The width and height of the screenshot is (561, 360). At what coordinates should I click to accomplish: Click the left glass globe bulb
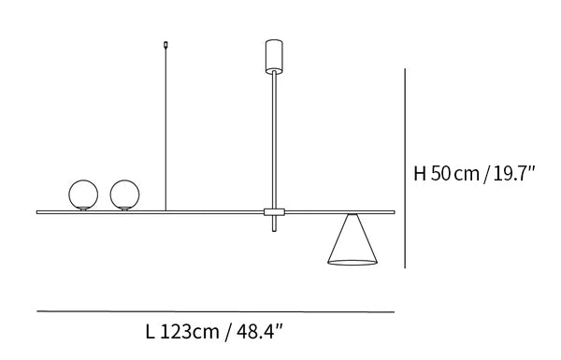(x=83, y=194)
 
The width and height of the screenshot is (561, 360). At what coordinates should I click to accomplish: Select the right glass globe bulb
(x=125, y=194)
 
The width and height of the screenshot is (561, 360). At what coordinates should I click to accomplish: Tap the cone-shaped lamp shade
(x=352, y=239)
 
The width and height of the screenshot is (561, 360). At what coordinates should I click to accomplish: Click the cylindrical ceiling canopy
(x=274, y=56)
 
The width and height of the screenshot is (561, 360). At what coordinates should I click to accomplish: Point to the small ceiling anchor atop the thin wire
(x=165, y=45)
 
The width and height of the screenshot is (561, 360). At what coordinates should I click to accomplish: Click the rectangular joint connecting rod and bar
(x=274, y=212)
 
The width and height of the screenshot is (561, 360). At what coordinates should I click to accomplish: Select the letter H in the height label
(x=420, y=174)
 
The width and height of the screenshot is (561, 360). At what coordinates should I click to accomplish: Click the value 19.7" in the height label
(x=514, y=174)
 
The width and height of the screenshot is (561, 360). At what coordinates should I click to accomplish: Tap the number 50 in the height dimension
(x=440, y=174)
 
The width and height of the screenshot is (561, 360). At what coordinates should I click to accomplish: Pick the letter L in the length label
(x=151, y=331)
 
